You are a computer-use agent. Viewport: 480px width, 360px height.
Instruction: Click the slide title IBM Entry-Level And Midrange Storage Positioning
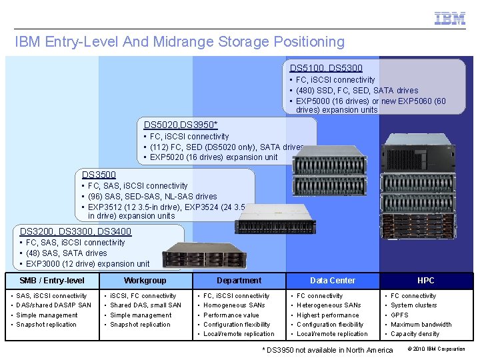click(180, 42)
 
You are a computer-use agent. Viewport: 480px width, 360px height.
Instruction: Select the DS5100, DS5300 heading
click(326, 68)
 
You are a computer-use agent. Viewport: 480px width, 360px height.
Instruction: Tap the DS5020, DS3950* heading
click(181, 125)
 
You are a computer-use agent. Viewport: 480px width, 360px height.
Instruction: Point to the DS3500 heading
click(99, 175)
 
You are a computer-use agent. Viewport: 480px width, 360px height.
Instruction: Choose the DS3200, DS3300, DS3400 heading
click(76, 231)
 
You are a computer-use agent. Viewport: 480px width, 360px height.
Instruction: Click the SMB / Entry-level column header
click(52, 281)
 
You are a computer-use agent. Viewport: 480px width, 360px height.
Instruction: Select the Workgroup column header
click(145, 281)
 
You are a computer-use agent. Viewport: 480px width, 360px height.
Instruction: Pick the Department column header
click(239, 281)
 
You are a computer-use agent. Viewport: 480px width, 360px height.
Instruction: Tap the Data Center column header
click(333, 281)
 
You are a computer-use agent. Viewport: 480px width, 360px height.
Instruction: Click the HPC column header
click(425, 281)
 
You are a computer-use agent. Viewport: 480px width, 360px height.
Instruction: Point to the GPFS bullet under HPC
click(400, 315)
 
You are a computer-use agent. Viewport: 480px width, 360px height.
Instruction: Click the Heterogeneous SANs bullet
click(329, 305)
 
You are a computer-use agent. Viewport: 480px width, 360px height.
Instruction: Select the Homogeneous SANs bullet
click(235, 305)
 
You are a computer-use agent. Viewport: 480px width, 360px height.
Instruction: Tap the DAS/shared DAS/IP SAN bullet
click(53, 305)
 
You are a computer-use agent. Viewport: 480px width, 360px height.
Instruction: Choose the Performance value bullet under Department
click(231, 315)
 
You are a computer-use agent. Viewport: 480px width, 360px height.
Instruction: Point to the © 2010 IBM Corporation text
click(436, 349)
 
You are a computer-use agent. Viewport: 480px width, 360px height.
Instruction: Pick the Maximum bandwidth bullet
click(421, 325)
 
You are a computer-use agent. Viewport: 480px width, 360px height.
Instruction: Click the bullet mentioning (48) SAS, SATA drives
click(66, 253)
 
